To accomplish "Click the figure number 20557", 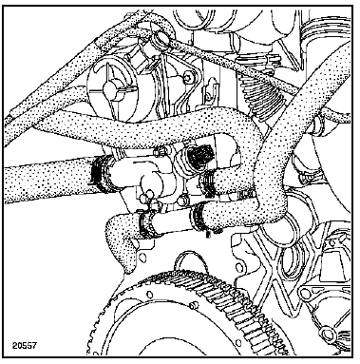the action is [25, 345].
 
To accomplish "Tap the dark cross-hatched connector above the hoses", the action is [199, 155].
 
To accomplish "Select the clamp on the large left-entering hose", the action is [102, 174].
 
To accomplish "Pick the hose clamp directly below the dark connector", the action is [207, 182].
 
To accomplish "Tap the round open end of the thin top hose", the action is [159, 41].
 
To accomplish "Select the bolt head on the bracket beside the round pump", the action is [189, 76].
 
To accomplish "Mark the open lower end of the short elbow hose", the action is [129, 269].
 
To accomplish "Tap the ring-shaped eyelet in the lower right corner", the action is [327, 334].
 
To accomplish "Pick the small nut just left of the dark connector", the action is [160, 151].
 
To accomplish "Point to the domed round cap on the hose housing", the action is [151, 182].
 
